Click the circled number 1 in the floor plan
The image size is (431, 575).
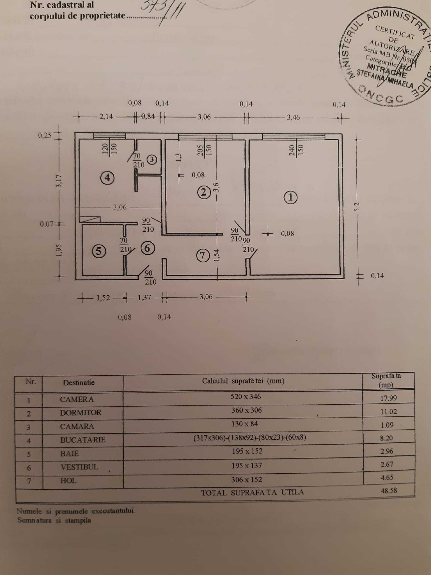[290, 197]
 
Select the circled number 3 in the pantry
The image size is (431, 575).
[152, 159]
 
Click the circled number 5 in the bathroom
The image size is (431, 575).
[98, 251]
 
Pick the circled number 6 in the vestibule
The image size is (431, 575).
[148, 248]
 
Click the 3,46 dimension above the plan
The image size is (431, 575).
[293, 117]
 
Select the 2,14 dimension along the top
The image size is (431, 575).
[106, 116]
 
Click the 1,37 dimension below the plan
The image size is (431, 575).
[145, 297]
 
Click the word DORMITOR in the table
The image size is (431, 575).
[81, 412]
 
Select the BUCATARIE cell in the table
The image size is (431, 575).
[83, 440]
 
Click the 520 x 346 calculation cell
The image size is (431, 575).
[246, 396]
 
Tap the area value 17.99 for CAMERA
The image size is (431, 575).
[388, 398]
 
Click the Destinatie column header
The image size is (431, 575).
[79, 382]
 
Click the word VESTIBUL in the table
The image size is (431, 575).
[79, 467]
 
